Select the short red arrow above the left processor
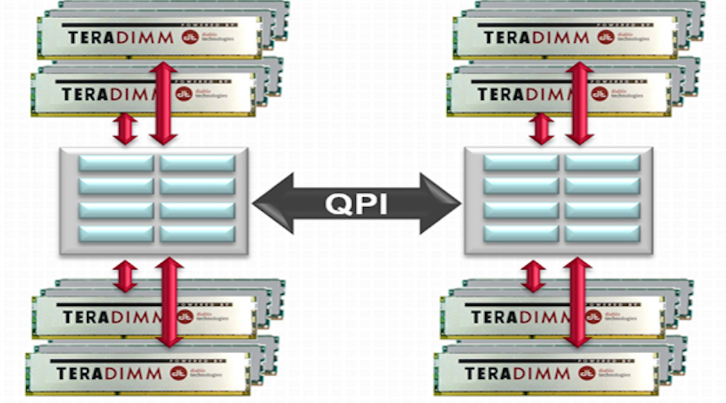tap(126, 128)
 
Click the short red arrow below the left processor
tap(126, 276)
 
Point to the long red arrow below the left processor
tap(168, 302)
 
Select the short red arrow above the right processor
tap(540, 128)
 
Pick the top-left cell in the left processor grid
tap(116, 163)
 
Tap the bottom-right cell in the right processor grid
tap(601, 233)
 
